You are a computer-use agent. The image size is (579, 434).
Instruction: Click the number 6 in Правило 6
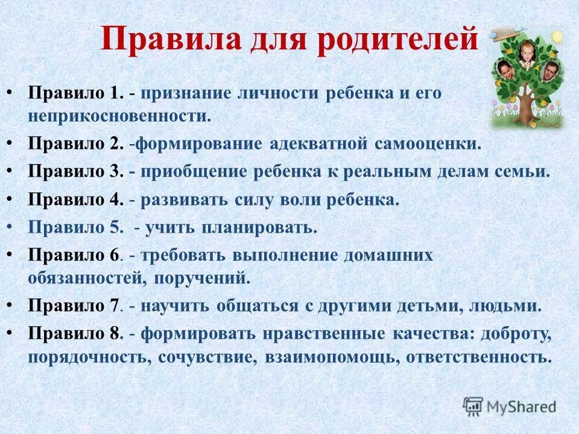pos(114,255)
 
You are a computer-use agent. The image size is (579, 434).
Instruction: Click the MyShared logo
pos(510,406)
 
